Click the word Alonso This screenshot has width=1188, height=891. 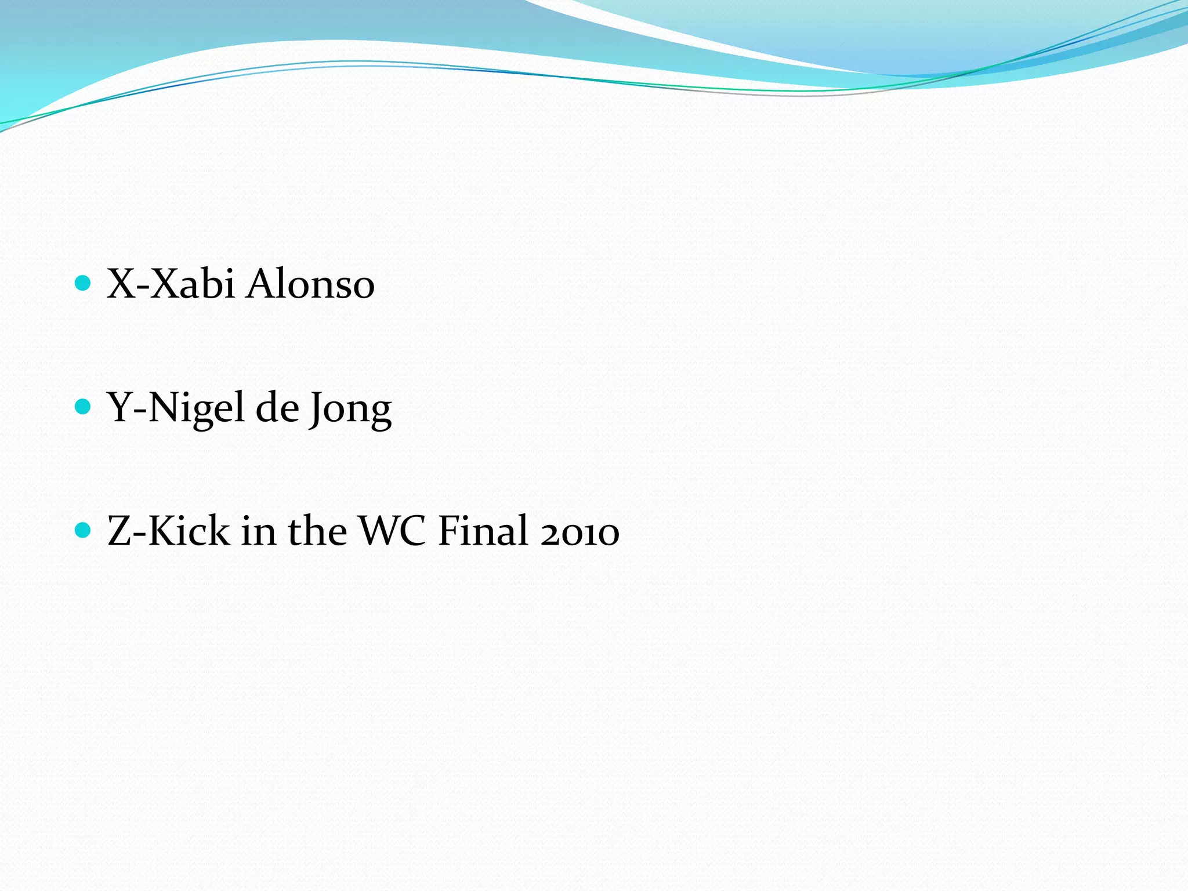[x=310, y=284]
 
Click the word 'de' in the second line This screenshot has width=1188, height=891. [x=277, y=408]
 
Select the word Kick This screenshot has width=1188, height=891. [x=189, y=531]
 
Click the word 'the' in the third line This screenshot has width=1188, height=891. [x=317, y=531]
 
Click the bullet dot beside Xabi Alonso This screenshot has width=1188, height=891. [x=84, y=283]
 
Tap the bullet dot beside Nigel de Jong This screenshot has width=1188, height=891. [x=84, y=407]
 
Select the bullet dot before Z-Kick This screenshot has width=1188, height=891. [x=84, y=530]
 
